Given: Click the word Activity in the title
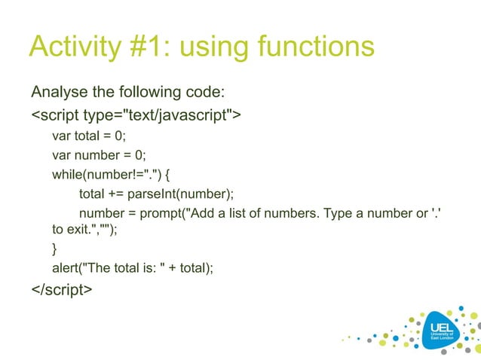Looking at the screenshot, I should (x=71, y=47).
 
